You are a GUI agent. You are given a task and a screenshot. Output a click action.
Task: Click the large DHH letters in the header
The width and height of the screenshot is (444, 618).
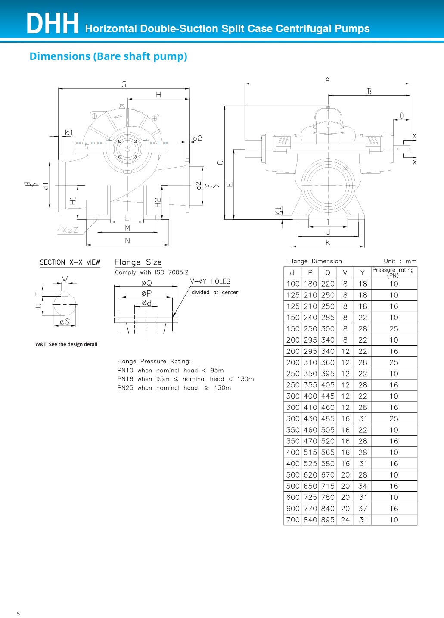pyautogui.click(x=53, y=24)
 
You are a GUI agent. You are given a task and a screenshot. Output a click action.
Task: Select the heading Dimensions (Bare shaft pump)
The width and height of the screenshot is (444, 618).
pyautogui.click(x=108, y=56)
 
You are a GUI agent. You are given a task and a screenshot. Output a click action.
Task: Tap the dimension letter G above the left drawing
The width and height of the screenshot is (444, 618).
pyautogui.click(x=124, y=84)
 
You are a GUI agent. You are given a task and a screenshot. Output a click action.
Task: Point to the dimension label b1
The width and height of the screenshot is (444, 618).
pyautogui.click(x=69, y=133)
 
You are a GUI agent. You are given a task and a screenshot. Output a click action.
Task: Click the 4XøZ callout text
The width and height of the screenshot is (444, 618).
pyautogui.click(x=68, y=230)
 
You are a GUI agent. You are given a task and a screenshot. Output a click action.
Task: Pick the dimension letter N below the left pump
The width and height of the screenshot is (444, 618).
pyautogui.click(x=127, y=241)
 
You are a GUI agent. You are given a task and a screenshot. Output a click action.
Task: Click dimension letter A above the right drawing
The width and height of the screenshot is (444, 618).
pyautogui.click(x=327, y=80)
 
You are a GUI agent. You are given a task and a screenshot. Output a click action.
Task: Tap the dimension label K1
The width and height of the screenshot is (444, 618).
pyautogui.click(x=278, y=211)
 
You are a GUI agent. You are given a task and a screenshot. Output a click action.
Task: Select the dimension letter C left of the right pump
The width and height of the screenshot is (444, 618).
pyautogui.click(x=221, y=163)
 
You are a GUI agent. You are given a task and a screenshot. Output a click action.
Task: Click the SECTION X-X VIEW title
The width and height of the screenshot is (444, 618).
pyautogui.click(x=70, y=262)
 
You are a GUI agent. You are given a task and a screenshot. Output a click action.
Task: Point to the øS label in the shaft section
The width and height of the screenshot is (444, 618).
pyautogui.click(x=65, y=321)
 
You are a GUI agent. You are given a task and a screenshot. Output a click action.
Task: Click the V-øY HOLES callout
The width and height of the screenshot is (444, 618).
pyautogui.click(x=210, y=281)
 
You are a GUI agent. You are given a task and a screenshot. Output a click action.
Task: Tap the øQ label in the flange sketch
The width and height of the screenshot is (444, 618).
pyautogui.click(x=146, y=283)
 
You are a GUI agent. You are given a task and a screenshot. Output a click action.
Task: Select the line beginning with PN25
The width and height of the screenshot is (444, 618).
pyautogui.click(x=174, y=388)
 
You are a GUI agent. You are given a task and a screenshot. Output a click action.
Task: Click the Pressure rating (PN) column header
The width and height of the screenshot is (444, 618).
pyautogui.click(x=393, y=272)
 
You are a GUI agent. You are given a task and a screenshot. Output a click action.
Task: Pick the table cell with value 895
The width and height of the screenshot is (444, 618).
pyautogui.click(x=328, y=520)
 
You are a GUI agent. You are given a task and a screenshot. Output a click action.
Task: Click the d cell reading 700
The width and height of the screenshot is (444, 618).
pyautogui.click(x=293, y=520)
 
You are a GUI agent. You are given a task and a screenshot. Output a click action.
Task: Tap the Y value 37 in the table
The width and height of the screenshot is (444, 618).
pyautogui.click(x=363, y=509)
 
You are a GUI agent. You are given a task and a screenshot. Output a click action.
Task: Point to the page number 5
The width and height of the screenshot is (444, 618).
pyautogui.click(x=18, y=614)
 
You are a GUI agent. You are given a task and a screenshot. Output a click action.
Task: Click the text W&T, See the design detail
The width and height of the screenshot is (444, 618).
pyautogui.click(x=66, y=344)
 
